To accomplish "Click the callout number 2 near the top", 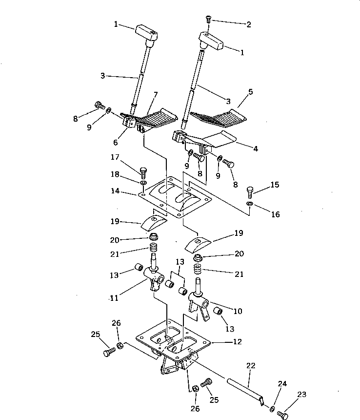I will click(x=248, y=24).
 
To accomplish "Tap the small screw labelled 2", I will click(x=208, y=20).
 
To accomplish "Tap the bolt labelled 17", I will click(x=143, y=172).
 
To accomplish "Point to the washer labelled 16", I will click(x=250, y=203).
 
